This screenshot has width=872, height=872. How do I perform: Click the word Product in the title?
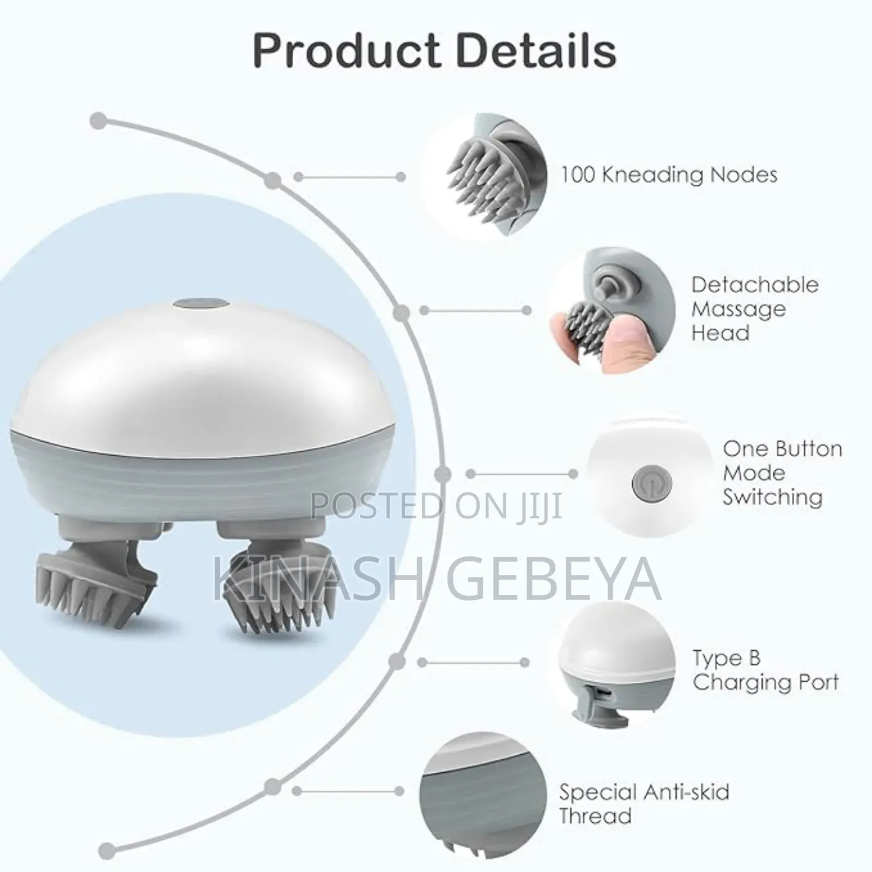click(347, 50)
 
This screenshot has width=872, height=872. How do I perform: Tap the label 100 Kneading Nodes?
click(669, 175)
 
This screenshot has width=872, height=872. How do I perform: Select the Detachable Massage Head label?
click(755, 308)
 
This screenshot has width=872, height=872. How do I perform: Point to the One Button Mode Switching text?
click(783, 473)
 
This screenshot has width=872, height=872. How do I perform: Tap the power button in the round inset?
click(645, 483)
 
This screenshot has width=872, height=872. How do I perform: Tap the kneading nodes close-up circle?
click(486, 175)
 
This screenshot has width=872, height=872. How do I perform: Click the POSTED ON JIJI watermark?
click(436, 505)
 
